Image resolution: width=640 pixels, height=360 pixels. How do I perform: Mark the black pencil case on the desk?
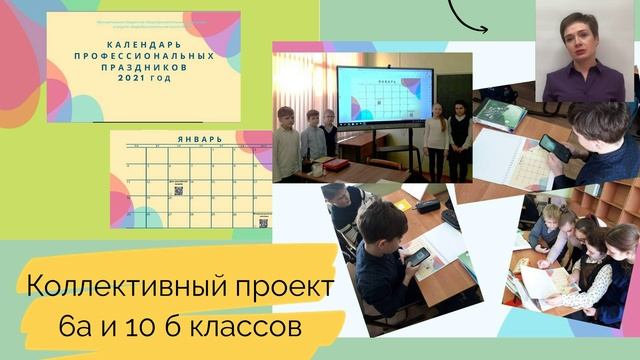pos(428,206)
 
